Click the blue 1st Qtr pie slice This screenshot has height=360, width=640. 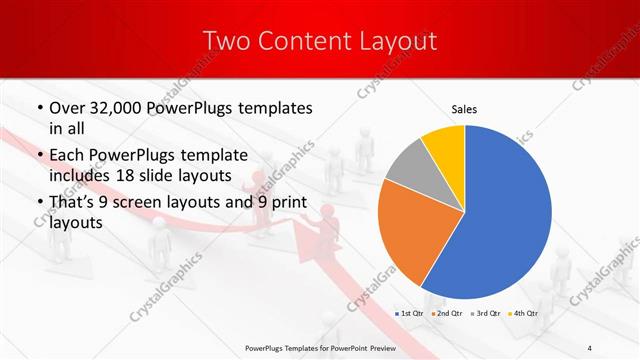click(505, 215)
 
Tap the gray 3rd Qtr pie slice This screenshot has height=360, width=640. click(411, 167)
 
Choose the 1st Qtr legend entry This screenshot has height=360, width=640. click(411, 314)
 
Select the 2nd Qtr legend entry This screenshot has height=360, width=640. click(447, 314)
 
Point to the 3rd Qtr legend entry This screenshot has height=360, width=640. click(486, 314)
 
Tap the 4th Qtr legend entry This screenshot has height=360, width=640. click(523, 314)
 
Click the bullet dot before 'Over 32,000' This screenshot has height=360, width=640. click(38, 108)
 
